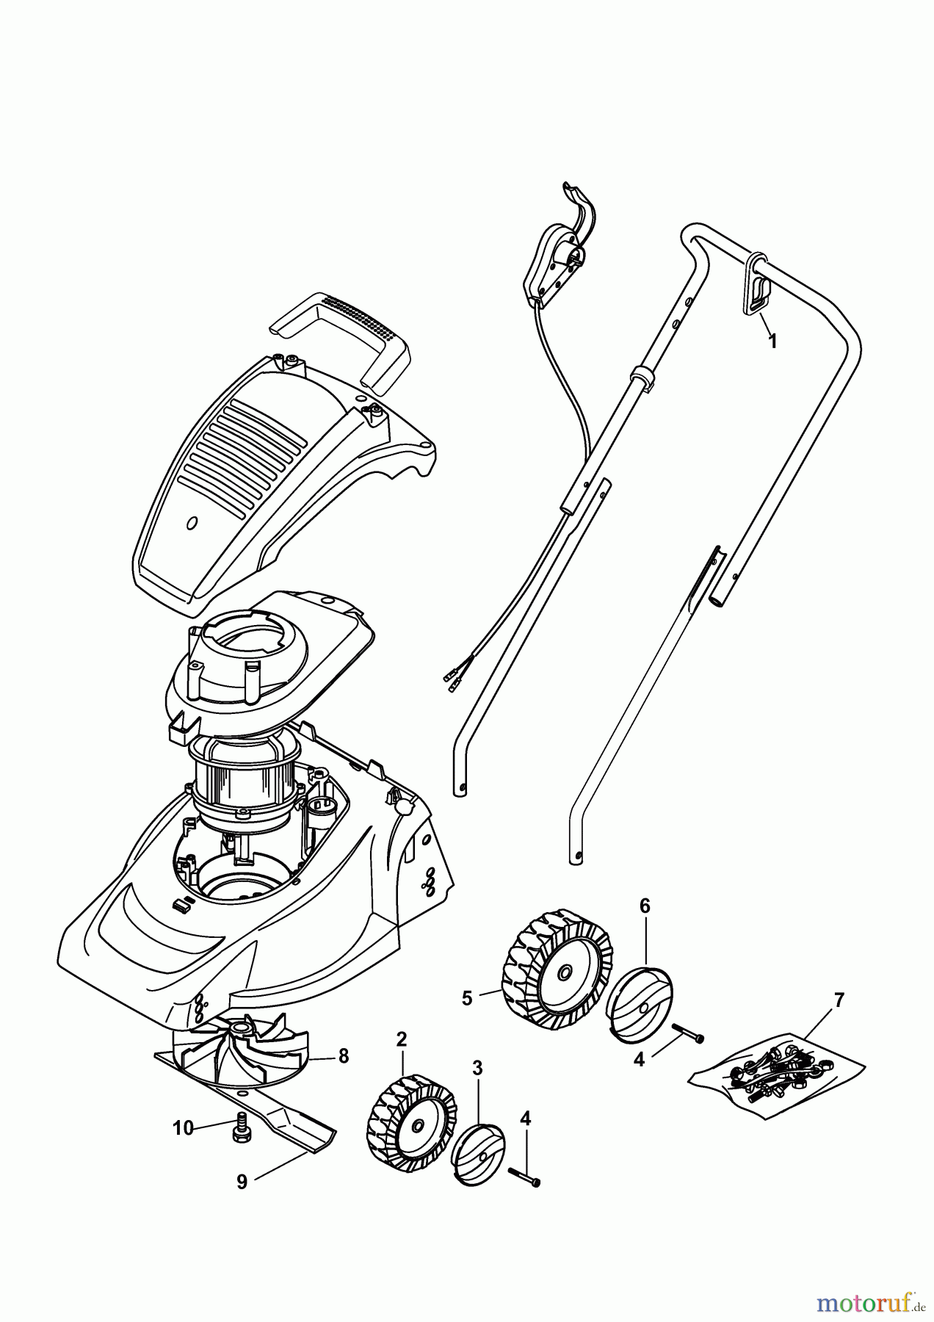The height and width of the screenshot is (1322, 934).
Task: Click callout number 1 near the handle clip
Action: point(772,342)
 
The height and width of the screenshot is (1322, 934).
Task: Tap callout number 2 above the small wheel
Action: point(401,1039)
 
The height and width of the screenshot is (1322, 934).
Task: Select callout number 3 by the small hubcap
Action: point(477,1069)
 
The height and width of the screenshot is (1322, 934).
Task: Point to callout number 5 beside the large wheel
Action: point(467,998)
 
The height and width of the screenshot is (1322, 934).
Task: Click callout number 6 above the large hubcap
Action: point(645,906)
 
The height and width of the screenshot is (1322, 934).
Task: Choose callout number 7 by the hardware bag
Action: point(839,1000)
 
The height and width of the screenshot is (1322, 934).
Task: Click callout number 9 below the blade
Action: point(242,1182)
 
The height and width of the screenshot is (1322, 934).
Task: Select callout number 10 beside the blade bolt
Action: point(183,1127)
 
